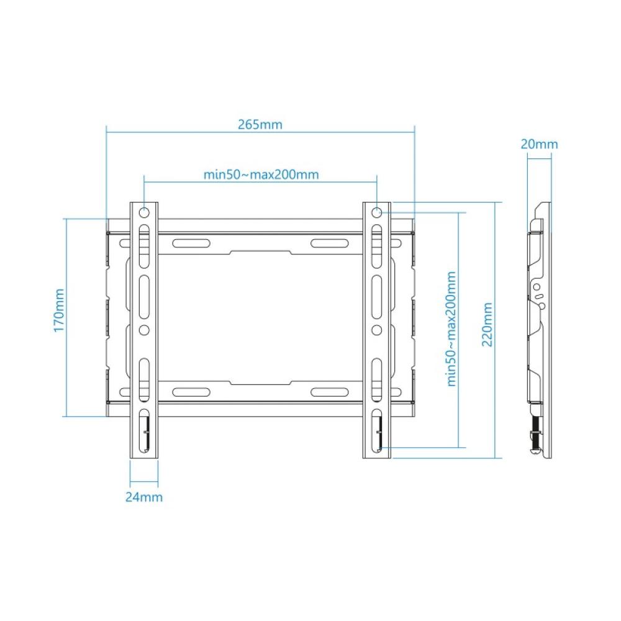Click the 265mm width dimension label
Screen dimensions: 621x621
(260, 124)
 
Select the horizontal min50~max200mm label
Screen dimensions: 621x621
(261, 175)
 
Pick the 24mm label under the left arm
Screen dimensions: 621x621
(143, 497)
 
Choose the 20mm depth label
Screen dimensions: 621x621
(539, 145)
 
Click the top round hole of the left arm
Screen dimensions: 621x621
(143, 213)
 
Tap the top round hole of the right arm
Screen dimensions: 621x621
(377, 213)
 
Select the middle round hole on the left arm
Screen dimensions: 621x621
(143, 328)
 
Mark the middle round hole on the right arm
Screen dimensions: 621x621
(377, 328)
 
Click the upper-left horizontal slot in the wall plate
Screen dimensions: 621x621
(190, 243)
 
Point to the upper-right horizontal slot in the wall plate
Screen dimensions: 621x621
(329, 243)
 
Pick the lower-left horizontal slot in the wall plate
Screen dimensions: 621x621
(190, 392)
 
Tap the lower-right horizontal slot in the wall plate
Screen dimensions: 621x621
(329, 392)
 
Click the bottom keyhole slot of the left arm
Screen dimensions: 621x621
(143, 429)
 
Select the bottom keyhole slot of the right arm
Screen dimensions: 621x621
(377, 429)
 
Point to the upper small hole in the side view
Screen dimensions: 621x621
(538, 288)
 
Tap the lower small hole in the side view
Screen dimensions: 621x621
(542, 306)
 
